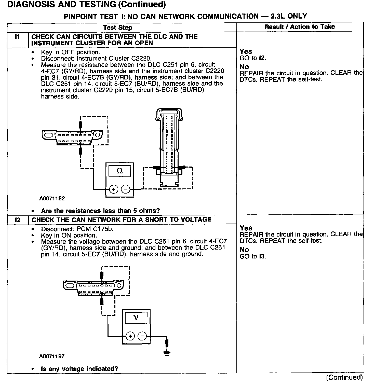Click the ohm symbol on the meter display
[119, 171]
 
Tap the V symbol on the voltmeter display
[136, 318]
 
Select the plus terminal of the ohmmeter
[113, 189]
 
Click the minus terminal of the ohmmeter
[125, 189]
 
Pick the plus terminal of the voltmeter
[130, 336]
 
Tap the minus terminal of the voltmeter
[142, 336]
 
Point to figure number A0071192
[52, 199]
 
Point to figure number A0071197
[52, 356]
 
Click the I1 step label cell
[17, 37]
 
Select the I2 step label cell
[17, 220]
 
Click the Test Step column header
[118, 28]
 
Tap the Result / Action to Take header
[300, 27]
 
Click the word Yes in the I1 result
[246, 52]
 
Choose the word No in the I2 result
[244, 250]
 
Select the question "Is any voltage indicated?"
[79, 369]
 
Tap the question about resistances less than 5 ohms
[100, 211]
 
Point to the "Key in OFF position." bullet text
[70, 52]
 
